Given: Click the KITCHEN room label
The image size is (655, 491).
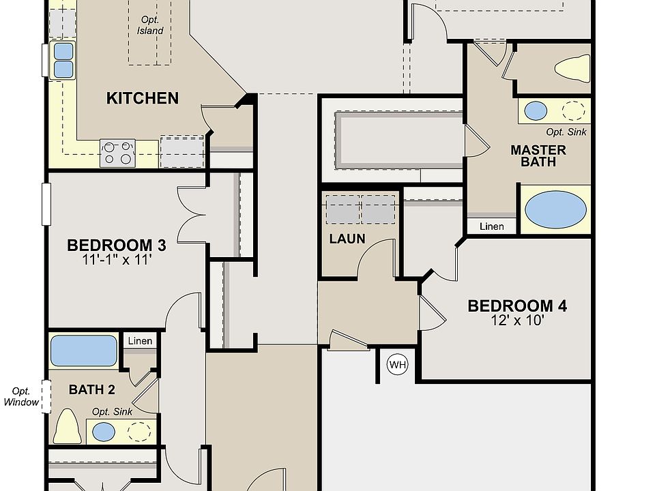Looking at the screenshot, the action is coord(143,98).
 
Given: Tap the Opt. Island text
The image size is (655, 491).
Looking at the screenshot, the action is coord(150,25).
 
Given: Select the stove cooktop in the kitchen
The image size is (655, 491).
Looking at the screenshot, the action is coord(117,153).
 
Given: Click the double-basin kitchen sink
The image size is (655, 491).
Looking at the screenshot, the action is coord(63,60).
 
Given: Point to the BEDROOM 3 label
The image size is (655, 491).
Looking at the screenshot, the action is coord(117,245).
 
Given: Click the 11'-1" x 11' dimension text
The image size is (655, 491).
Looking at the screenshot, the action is coord(116,260).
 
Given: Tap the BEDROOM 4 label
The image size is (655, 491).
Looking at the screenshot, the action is coord(517,306).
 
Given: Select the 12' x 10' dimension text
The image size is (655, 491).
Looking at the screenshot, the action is coord(517,321).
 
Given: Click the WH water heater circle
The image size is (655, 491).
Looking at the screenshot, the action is coord(397,364).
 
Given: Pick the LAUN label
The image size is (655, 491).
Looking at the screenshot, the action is coord(347,239).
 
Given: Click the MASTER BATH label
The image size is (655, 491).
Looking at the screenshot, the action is coord(538,155).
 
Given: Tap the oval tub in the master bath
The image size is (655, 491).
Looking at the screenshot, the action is coord(555,209).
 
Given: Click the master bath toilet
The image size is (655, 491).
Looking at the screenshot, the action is coord(572,68).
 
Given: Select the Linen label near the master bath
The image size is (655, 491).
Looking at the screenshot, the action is coord(492,226).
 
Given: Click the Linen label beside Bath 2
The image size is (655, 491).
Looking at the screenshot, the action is coord(140,341).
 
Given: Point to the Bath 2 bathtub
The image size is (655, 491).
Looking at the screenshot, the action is coord(83,351).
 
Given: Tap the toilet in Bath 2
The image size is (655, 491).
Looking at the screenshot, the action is coord(68,426).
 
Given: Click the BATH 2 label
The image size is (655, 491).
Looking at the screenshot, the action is coord(92,389).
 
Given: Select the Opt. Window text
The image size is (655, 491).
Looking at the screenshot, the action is coord(21,397).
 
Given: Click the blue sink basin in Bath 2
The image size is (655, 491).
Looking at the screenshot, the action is coord(104,432).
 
